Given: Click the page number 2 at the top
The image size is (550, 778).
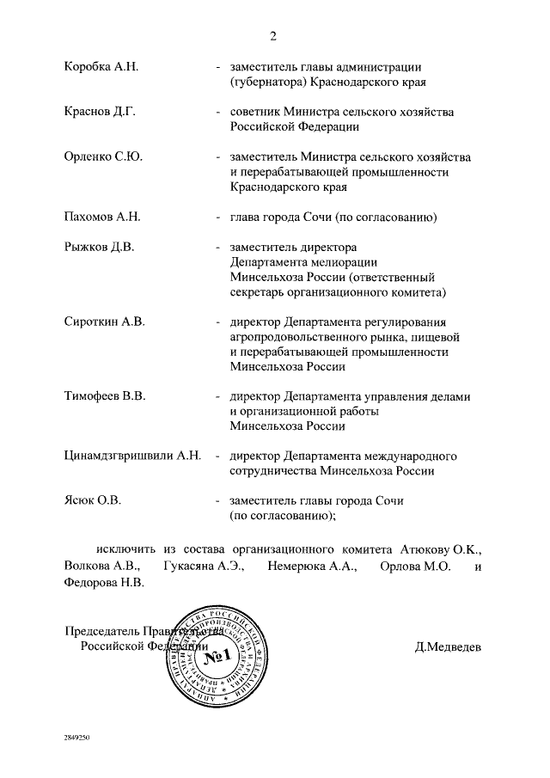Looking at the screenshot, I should [273, 35].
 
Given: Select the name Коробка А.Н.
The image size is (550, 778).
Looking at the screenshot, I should [101, 66].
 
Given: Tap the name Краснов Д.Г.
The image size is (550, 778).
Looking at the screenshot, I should [100, 112].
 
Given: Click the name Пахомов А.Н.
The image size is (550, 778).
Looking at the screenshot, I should [102, 217].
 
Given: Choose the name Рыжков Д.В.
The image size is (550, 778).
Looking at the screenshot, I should [99, 247].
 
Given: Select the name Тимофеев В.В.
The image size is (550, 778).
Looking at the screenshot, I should [106, 395].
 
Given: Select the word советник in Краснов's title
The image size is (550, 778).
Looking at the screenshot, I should [256, 112].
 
